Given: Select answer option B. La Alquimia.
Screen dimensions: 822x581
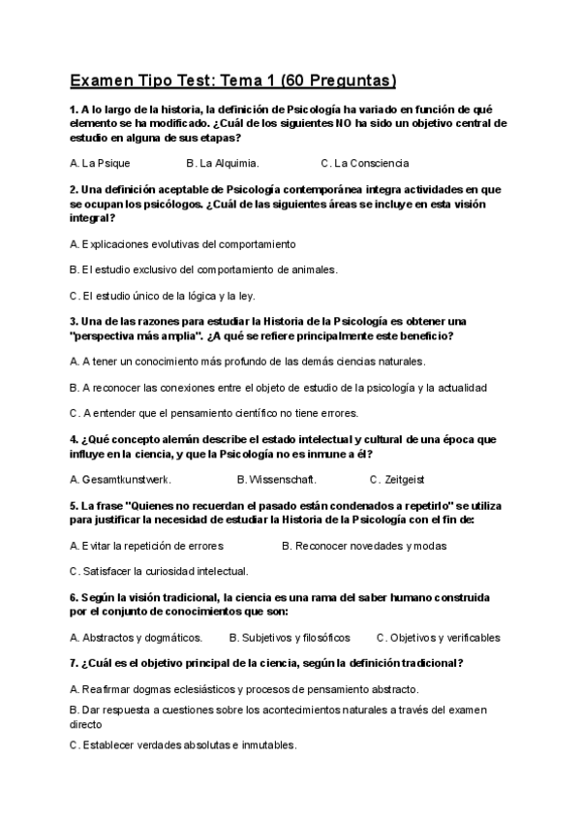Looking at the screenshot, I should tap(223, 163).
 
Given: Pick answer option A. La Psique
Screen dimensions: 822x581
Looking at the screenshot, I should tap(100, 163).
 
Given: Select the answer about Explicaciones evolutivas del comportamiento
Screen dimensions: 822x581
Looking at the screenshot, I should tap(183, 243).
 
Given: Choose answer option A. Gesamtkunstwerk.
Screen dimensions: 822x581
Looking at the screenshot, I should tap(121, 479).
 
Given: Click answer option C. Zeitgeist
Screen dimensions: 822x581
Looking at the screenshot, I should tap(397, 479).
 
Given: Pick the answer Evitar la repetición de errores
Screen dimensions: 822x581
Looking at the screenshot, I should tap(147, 546).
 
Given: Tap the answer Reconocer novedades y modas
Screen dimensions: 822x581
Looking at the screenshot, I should tap(364, 546).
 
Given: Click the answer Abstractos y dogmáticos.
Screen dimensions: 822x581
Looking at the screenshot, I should tap(137, 638).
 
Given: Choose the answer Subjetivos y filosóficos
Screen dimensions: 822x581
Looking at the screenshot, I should tap(290, 638).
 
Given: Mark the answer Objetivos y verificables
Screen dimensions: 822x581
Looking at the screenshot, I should tap(439, 638).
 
